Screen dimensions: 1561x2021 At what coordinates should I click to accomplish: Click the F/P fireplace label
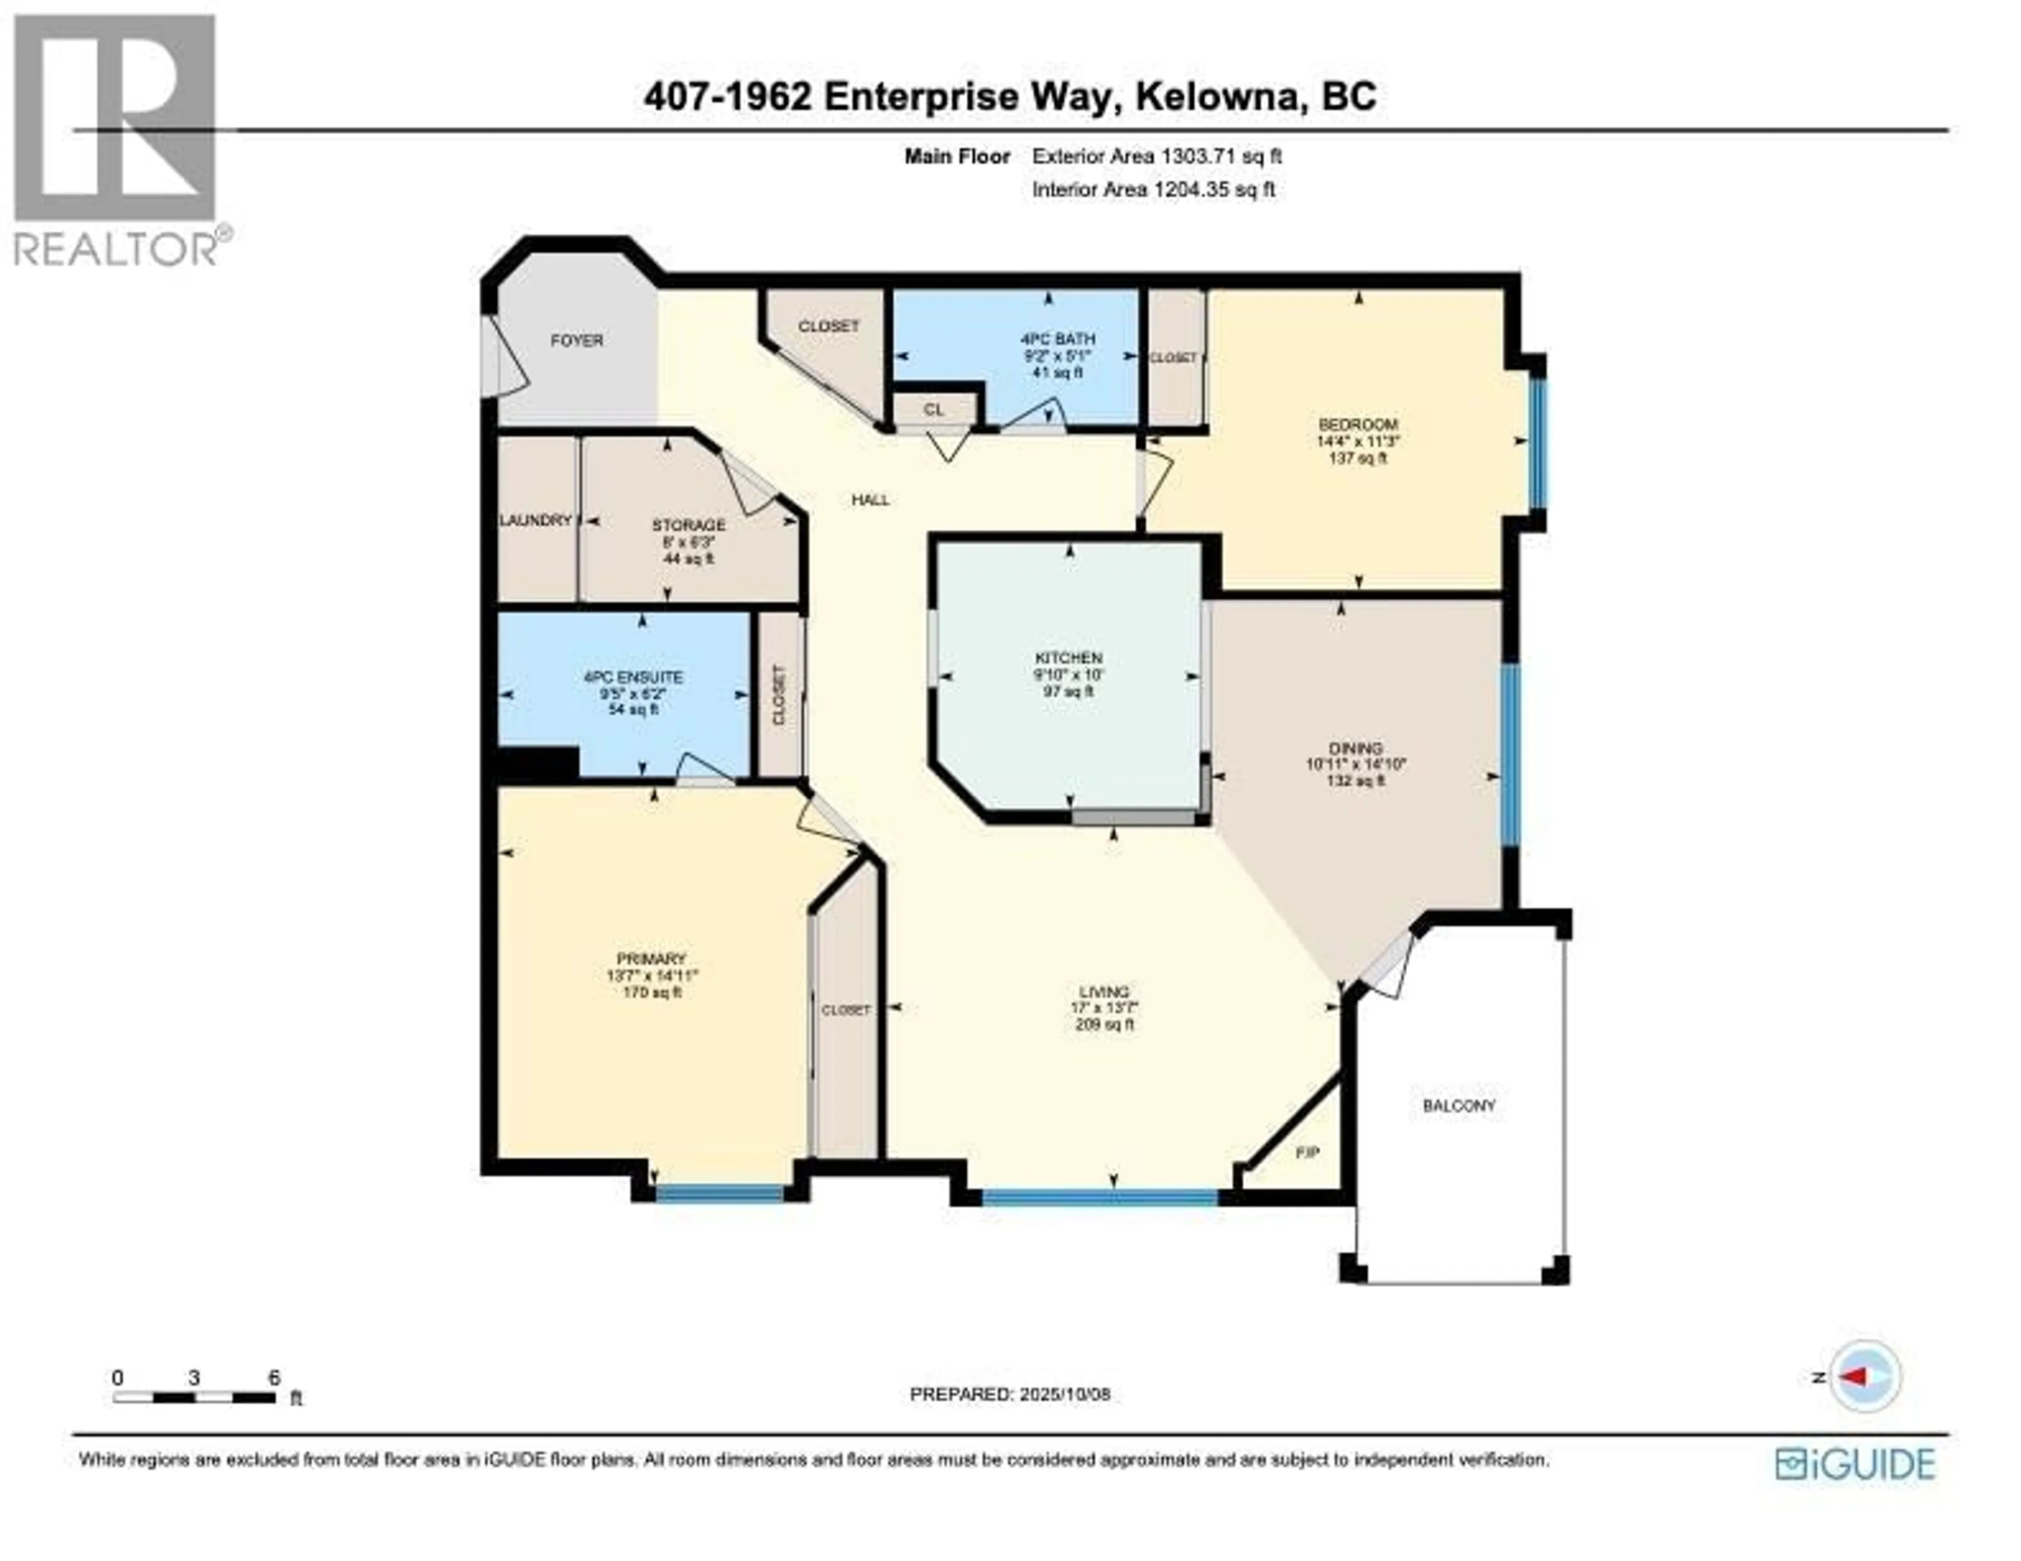[1307, 1153]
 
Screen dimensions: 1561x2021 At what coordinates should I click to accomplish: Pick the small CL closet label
[934, 408]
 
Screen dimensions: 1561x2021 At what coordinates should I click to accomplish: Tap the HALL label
[870, 500]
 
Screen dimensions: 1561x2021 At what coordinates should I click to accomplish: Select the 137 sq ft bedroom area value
[1357, 458]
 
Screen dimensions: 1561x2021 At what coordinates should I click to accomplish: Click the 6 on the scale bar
[274, 1378]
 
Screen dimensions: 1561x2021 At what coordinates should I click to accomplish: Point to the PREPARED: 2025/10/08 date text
[1009, 1419]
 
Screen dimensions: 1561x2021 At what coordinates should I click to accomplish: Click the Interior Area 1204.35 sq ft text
[1153, 190]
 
